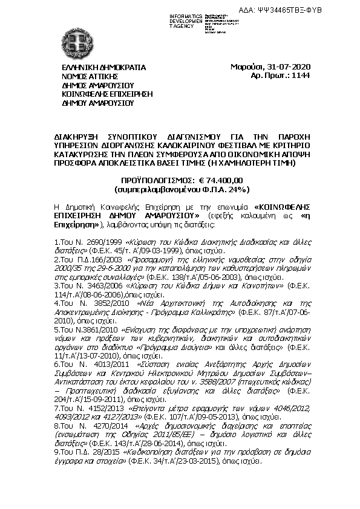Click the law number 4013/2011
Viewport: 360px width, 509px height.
coord(103,365)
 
